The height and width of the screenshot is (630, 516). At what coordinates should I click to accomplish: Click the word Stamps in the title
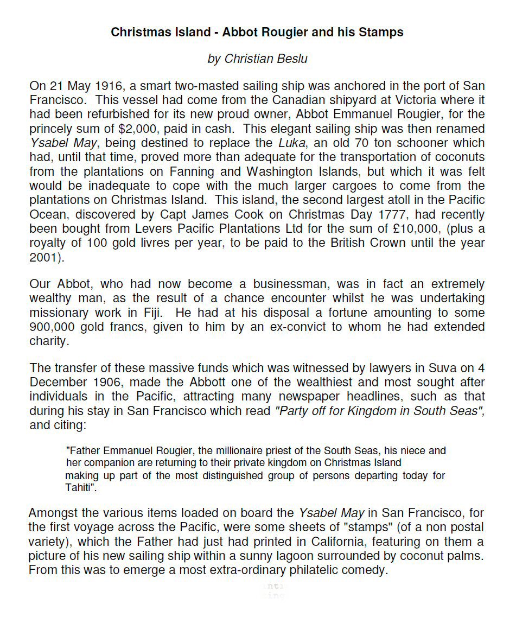[381, 32]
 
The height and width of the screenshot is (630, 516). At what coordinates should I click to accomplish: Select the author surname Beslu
[291, 59]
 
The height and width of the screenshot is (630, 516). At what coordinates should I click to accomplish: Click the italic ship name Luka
[290, 143]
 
